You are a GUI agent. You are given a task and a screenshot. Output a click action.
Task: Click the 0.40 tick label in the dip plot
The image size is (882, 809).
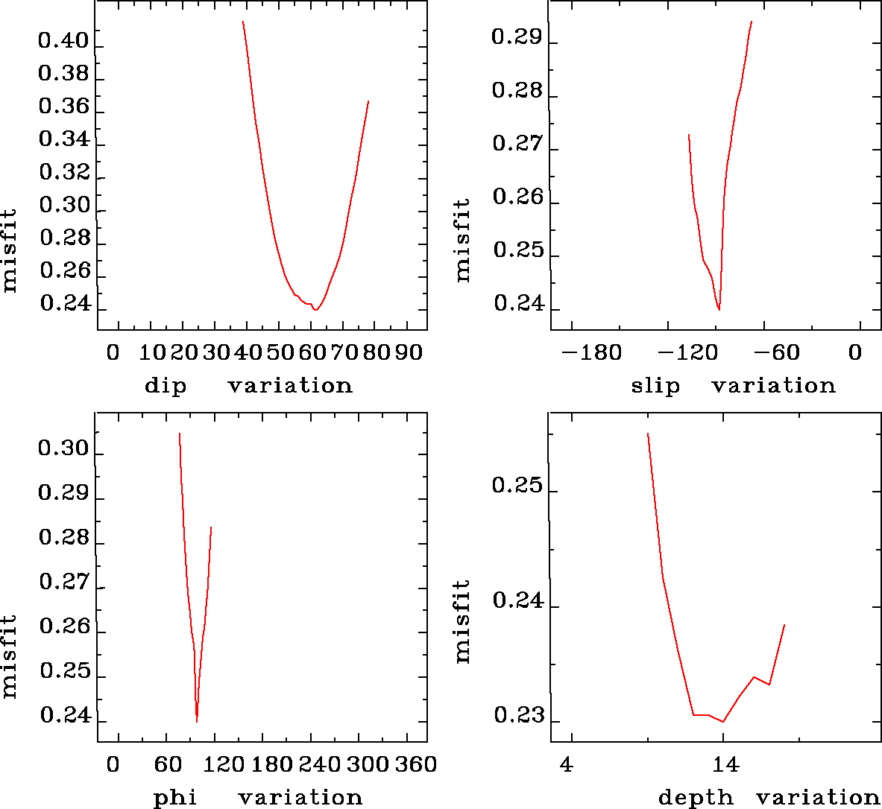click(63, 40)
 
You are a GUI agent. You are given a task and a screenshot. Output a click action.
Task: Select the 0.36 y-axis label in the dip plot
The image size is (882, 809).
click(63, 106)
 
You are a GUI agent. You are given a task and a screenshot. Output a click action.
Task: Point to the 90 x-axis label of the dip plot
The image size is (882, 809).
click(409, 352)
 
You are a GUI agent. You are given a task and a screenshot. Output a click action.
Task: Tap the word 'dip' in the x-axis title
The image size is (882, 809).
click(166, 386)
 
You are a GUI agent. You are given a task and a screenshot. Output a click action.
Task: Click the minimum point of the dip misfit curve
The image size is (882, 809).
click(317, 309)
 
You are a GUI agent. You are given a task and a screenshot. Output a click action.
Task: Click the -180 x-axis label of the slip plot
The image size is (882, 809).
click(591, 352)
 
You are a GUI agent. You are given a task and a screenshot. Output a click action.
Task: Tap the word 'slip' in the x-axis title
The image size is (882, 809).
click(655, 386)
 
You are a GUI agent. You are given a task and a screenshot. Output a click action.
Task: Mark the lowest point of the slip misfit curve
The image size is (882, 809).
click(719, 309)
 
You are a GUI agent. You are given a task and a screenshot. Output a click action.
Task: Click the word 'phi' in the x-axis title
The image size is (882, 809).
click(175, 798)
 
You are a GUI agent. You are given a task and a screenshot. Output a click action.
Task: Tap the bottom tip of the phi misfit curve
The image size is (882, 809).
click(197, 721)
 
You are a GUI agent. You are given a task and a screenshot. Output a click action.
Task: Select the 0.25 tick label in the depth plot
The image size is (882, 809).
click(517, 485)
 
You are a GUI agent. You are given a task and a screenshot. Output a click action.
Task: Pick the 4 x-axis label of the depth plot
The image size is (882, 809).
click(567, 764)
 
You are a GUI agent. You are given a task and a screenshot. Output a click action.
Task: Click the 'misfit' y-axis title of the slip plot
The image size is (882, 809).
click(463, 240)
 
